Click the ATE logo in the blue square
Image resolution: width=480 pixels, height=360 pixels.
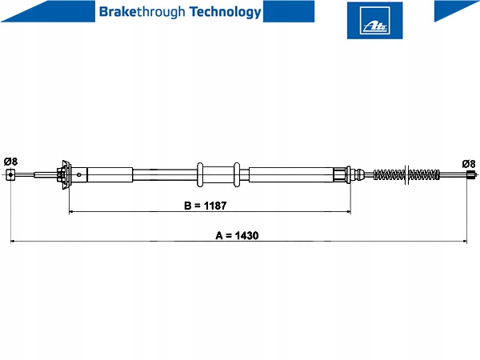pyautogui.click(x=374, y=21)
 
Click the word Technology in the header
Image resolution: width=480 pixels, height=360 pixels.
pyautogui.click(x=226, y=12)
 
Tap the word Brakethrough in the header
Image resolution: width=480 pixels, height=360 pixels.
pyautogui.click(x=142, y=12)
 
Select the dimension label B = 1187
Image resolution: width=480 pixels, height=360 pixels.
pyautogui.click(x=206, y=206)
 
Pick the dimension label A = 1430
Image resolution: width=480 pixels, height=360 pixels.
pyautogui.click(x=237, y=235)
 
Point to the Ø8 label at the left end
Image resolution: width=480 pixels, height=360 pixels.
pyautogui.click(x=10, y=162)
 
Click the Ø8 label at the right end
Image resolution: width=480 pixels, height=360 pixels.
pyautogui.click(x=469, y=164)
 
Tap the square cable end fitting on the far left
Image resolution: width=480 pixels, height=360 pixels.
pyautogui.click(x=10, y=174)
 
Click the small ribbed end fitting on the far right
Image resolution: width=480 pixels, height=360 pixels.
pyautogui.click(x=471, y=175)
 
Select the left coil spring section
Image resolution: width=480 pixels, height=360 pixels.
pyautogui.click(x=389, y=174)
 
